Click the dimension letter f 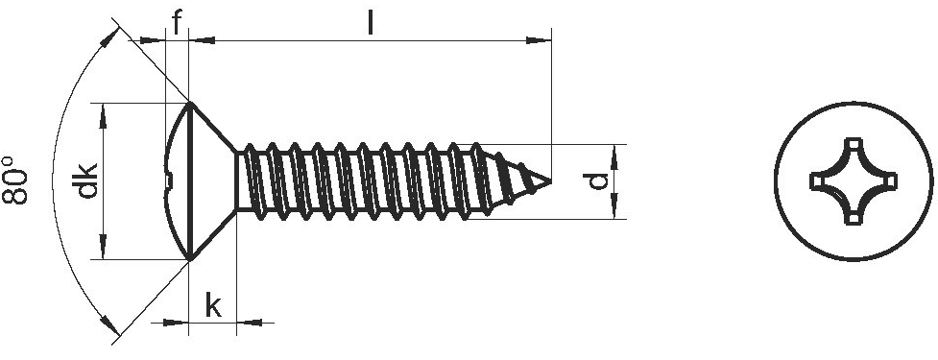(x=177, y=23)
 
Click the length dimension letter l (x=371, y=23)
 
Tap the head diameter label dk (x=86, y=180)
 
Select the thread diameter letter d (x=597, y=181)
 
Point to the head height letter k (x=213, y=305)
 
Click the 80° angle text (x=15, y=180)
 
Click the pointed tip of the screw (x=550, y=180)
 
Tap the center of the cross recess (x=854, y=180)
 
